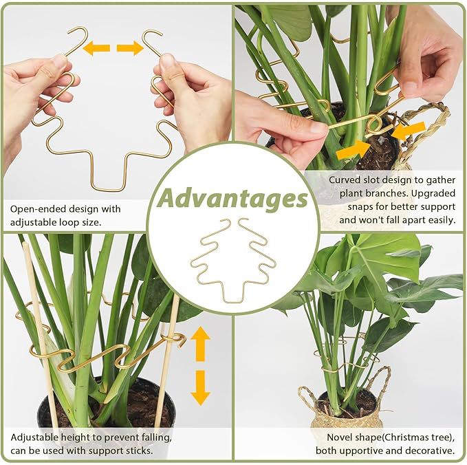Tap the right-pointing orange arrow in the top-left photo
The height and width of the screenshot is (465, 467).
[x=129, y=48]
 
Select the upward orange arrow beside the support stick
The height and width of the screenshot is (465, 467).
[x=200, y=343]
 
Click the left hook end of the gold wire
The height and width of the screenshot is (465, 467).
[x=77, y=37]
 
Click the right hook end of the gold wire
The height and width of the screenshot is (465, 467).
[x=151, y=39]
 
